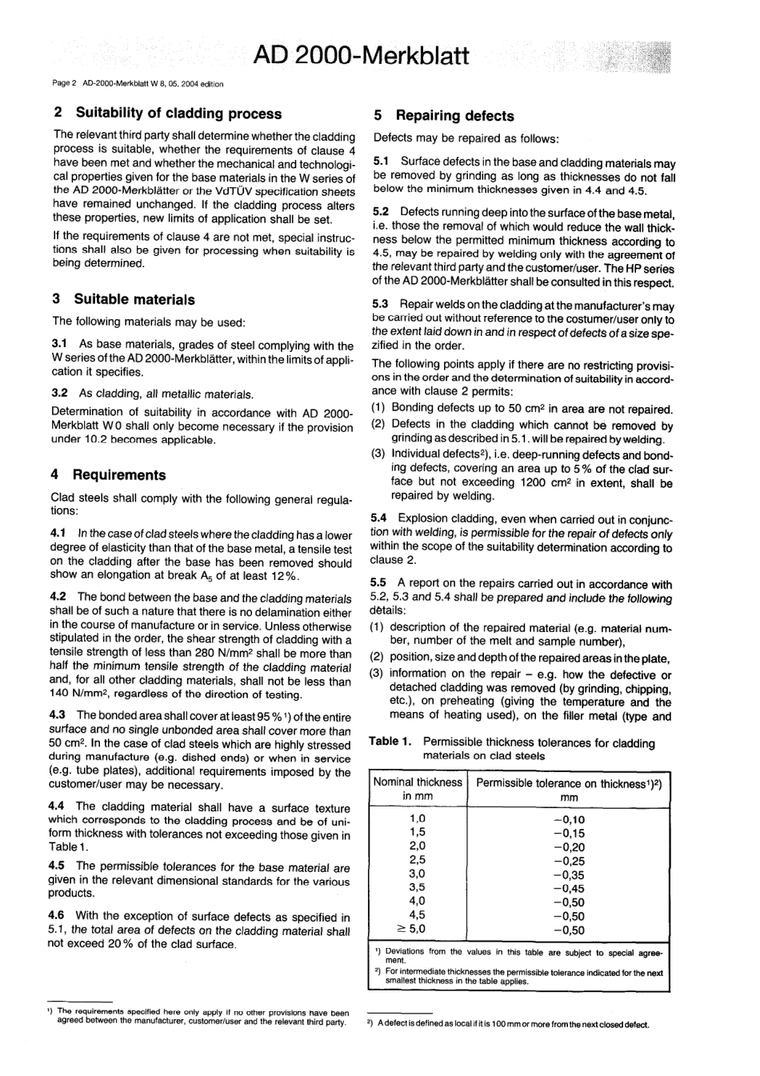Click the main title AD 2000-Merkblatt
(x=360, y=56)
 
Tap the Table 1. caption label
(x=390, y=742)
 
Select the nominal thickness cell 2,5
(x=418, y=860)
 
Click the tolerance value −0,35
(x=569, y=874)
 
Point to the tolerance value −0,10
(x=569, y=819)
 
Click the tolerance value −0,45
(x=569, y=888)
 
